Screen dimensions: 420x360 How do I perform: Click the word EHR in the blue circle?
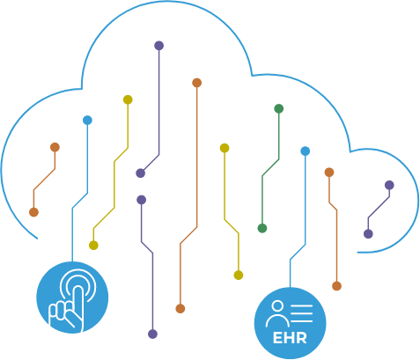(x=290, y=338)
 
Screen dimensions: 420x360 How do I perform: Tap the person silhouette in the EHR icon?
(x=277, y=314)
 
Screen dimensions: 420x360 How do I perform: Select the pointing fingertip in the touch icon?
(x=77, y=290)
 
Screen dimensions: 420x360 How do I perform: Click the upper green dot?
(x=278, y=108)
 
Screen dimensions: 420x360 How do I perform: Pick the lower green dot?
(x=262, y=228)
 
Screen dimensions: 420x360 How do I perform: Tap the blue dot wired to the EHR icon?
(x=306, y=151)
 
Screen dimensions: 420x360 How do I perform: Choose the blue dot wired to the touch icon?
(x=87, y=121)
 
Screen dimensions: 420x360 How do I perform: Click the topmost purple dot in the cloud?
(x=158, y=46)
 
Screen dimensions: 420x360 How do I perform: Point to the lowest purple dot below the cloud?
(x=152, y=334)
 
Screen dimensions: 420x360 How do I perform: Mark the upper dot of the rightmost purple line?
(x=389, y=185)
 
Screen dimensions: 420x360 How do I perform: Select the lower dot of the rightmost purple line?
(x=368, y=234)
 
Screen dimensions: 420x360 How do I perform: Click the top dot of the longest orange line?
(x=196, y=83)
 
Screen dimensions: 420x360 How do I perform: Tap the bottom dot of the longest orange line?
(x=181, y=309)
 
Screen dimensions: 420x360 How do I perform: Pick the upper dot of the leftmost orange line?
(x=55, y=147)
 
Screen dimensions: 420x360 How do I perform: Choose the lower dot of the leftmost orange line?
(x=33, y=212)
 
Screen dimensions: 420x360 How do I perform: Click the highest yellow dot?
(x=128, y=99)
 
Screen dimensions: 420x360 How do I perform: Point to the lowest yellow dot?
(x=239, y=276)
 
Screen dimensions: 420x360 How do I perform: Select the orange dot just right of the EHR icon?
(x=336, y=286)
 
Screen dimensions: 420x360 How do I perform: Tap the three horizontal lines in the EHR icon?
(x=301, y=313)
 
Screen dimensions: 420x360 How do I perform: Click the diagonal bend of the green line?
(x=270, y=167)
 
